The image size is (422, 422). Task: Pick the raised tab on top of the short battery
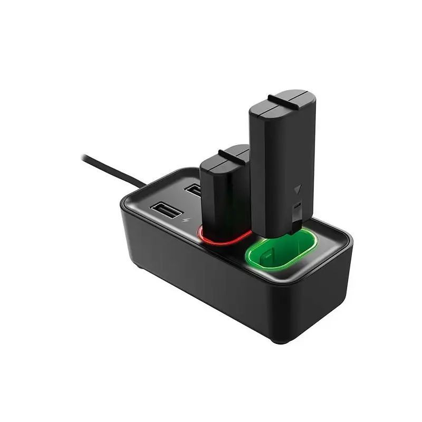coord(232,154)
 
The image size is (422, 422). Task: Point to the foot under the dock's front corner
coord(280,340)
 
